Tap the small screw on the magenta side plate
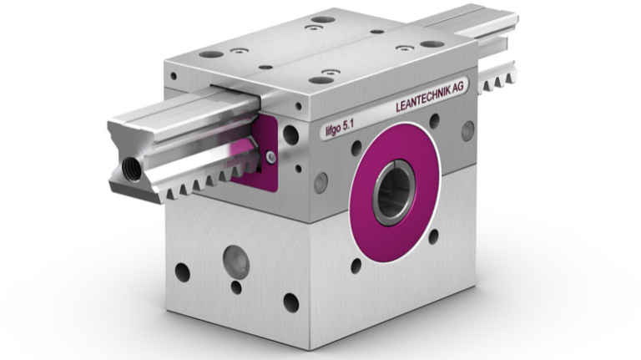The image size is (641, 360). pyautogui.click(x=270, y=156)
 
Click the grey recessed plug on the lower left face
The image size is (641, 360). pyautogui.click(x=235, y=263)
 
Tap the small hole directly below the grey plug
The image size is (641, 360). pyautogui.click(x=236, y=288)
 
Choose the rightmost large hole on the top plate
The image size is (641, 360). pyautogui.click(x=432, y=44)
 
